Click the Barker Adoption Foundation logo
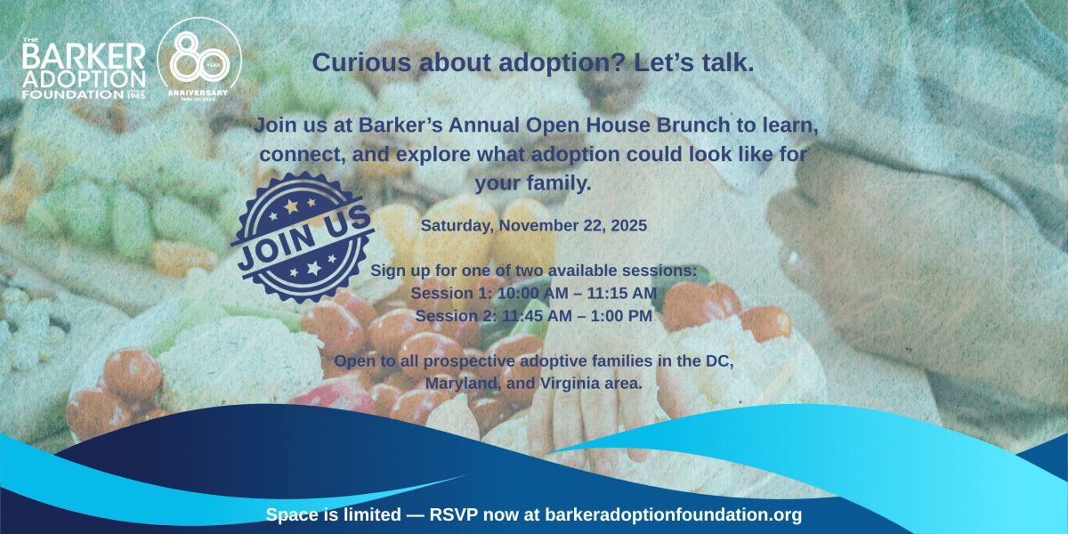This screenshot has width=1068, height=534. (x=84, y=69)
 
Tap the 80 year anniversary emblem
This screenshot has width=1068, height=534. (x=199, y=60)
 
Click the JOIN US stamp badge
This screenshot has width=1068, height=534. (x=303, y=237)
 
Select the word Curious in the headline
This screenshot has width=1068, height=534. (x=361, y=62)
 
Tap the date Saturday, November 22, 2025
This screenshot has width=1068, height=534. (x=533, y=225)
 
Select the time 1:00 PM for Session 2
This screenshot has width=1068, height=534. (x=621, y=316)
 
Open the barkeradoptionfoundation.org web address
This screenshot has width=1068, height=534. (x=673, y=515)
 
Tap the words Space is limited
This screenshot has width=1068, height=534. (x=333, y=515)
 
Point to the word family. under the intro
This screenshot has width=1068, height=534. (x=559, y=183)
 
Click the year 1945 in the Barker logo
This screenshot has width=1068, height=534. (x=136, y=95)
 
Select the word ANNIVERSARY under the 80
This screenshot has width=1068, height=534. (x=198, y=93)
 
